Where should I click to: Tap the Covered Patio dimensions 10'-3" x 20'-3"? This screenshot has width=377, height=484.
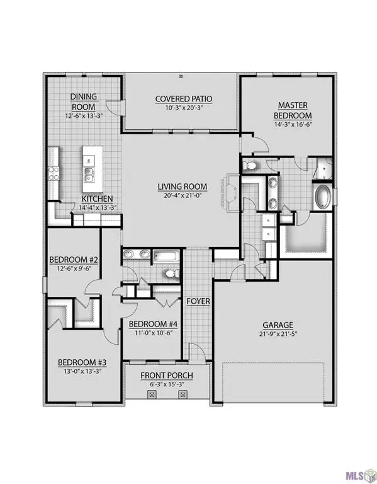pos(184,108)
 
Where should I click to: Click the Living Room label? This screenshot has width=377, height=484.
pos(183,186)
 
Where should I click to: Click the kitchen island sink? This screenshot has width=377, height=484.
pos(89,174)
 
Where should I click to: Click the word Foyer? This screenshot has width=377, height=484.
pos(198,302)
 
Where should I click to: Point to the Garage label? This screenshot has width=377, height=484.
pos(278,325)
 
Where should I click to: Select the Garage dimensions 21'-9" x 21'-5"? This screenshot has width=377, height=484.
pos(278,335)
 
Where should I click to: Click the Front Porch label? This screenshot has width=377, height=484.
pos(167,376)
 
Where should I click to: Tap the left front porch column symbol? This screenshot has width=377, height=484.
pos(152,395)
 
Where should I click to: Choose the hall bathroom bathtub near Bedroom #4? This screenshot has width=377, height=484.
pos(166,256)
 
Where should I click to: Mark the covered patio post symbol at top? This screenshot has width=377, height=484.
pos(181,76)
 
